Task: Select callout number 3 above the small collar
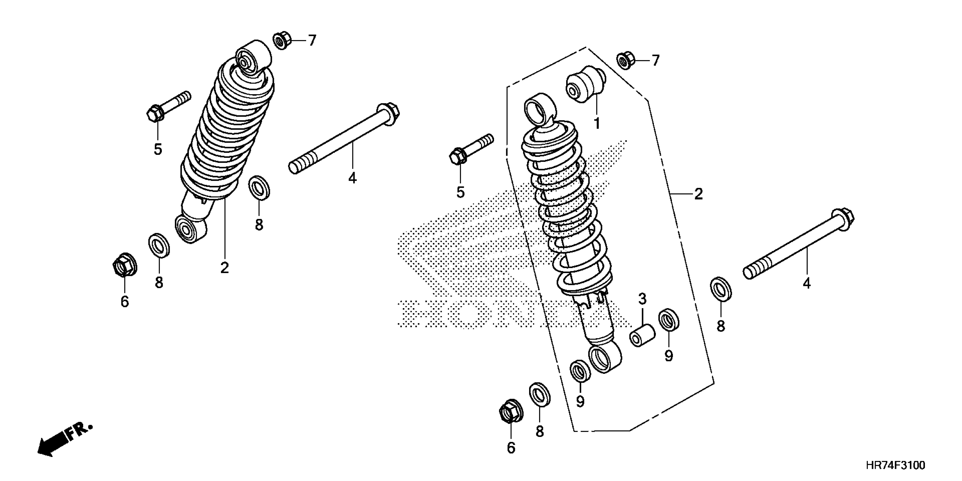pos(642,299)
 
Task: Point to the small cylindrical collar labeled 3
pos(642,335)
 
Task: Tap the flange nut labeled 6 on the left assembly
pos(124,266)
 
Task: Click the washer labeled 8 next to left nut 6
pos(159,246)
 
